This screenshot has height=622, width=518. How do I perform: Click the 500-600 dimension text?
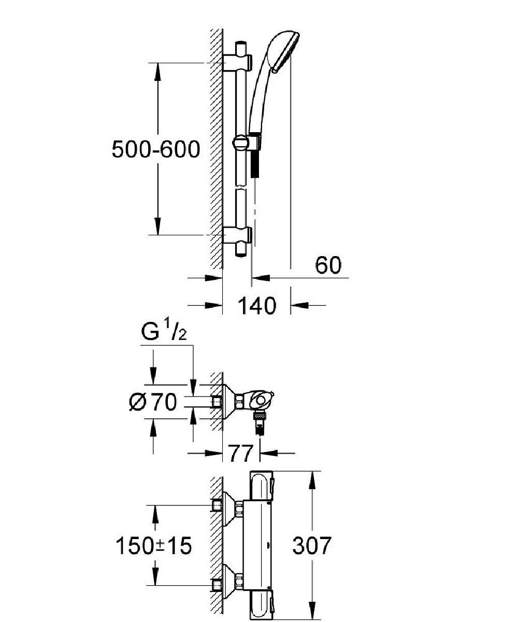click(155, 150)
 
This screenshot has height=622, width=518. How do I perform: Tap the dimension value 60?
click(328, 265)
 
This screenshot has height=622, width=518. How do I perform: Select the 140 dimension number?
click(256, 306)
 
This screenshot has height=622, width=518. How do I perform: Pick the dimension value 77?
click(241, 454)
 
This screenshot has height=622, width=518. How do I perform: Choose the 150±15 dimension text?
click(153, 545)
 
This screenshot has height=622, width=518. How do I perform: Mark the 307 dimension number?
click(311, 545)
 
